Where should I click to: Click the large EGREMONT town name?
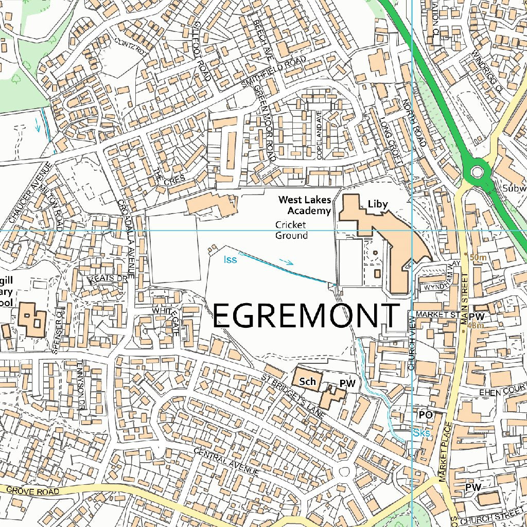(306, 315)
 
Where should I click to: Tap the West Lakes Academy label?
(305, 205)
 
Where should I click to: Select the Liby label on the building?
(377, 204)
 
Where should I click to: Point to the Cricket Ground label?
(291, 230)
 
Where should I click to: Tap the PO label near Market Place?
(425, 414)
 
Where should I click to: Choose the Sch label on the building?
(307, 381)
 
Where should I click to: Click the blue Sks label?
(421, 433)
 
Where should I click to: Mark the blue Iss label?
(230, 259)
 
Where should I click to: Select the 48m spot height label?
(475, 325)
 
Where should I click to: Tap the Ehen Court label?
(502, 392)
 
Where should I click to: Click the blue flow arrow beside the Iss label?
(286, 261)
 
